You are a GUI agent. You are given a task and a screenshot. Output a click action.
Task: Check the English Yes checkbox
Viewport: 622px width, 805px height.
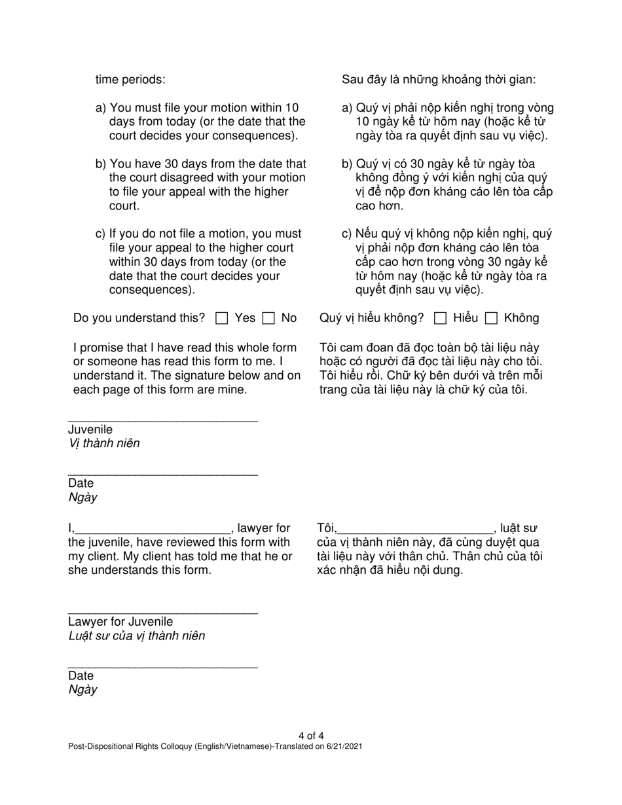click(222, 319)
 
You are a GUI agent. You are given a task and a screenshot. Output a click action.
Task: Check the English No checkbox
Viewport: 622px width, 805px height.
click(268, 319)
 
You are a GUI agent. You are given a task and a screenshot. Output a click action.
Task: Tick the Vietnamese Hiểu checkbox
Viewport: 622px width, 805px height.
click(441, 319)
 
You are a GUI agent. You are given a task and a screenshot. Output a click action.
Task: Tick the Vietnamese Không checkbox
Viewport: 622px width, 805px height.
click(491, 319)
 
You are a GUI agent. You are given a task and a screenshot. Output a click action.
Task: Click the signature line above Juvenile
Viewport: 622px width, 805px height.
click(162, 420)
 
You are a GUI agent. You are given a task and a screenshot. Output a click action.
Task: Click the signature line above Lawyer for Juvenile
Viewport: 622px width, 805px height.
click(162, 613)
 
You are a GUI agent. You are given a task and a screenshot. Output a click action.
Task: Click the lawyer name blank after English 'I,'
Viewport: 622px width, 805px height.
click(154, 530)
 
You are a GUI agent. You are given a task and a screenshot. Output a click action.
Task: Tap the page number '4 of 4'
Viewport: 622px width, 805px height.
click(311, 736)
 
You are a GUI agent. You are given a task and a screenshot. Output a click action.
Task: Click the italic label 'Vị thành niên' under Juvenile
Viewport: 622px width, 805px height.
click(104, 443)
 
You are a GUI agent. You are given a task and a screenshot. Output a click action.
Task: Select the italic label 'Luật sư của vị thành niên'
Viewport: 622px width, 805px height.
click(136, 635)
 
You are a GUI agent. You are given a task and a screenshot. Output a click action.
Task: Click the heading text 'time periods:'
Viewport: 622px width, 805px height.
click(130, 80)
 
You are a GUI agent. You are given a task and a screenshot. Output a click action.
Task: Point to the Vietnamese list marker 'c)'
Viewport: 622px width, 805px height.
click(347, 234)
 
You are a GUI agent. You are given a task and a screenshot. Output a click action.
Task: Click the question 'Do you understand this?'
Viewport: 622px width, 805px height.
click(139, 318)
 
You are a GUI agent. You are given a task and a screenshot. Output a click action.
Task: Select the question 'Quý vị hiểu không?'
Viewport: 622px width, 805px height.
click(371, 318)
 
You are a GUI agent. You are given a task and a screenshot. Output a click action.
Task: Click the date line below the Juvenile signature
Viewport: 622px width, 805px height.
click(162, 474)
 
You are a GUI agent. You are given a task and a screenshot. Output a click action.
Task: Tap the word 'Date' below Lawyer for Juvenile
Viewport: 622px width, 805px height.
click(81, 675)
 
